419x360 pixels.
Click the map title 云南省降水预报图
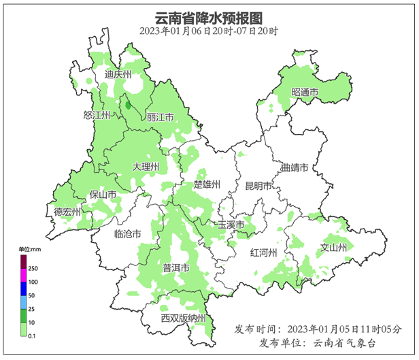pos(209,18)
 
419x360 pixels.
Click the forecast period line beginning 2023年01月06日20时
pos(209,31)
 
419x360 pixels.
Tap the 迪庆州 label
pos(118,74)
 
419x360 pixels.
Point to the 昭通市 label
pos(305,93)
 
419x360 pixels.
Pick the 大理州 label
pos(146,166)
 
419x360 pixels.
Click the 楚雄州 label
pos(207,184)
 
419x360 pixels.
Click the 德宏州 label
pos(68,212)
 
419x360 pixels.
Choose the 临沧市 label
pos(128,233)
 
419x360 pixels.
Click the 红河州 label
pos(263,252)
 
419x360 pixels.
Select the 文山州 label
pos(334,246)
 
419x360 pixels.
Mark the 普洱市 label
pos(176,268)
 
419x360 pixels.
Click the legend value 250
pos(33,269)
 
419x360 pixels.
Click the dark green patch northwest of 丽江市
pos(128,105)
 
